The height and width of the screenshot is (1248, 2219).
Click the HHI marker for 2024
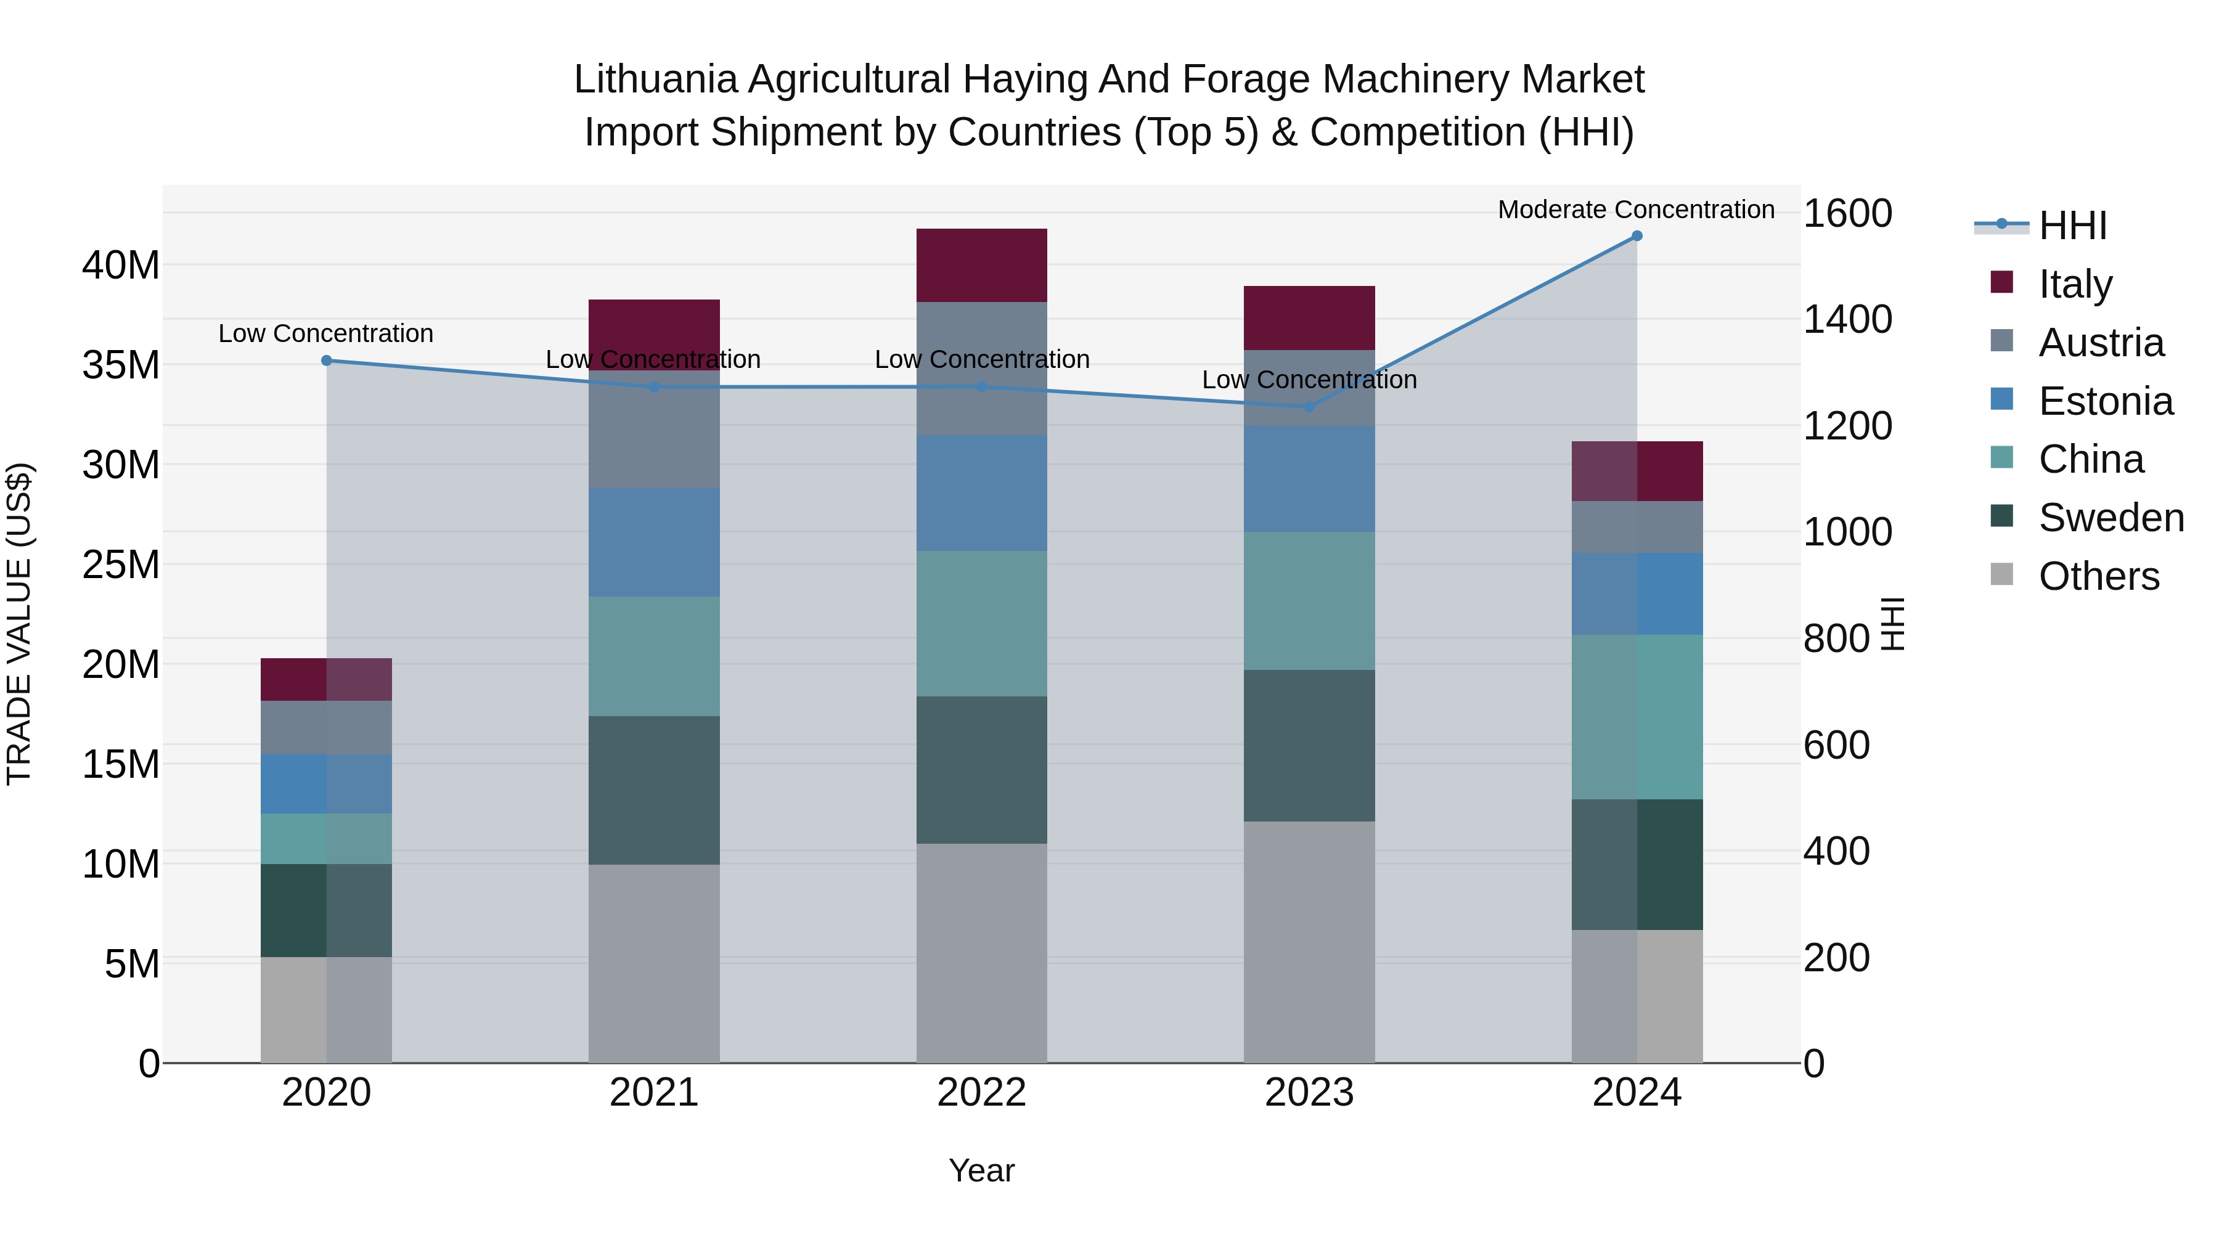1637,236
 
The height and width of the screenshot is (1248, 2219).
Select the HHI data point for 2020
327,361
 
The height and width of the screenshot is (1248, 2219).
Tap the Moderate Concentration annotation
1636,210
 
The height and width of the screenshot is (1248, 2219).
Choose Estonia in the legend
2106,401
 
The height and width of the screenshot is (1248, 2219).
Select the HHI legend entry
2072,226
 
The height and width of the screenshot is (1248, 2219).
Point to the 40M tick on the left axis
121,265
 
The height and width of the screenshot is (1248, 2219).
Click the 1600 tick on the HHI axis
1848,214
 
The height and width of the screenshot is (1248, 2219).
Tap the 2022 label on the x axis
981,1093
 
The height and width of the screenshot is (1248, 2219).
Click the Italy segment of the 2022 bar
981,265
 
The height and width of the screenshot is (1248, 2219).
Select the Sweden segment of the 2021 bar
654,790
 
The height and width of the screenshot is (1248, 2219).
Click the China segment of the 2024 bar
1637,717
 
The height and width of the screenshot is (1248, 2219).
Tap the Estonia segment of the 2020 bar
327,784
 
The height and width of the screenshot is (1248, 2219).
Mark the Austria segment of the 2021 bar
654,431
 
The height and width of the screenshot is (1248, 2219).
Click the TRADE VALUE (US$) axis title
20,624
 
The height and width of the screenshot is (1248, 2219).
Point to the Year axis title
981,1170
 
